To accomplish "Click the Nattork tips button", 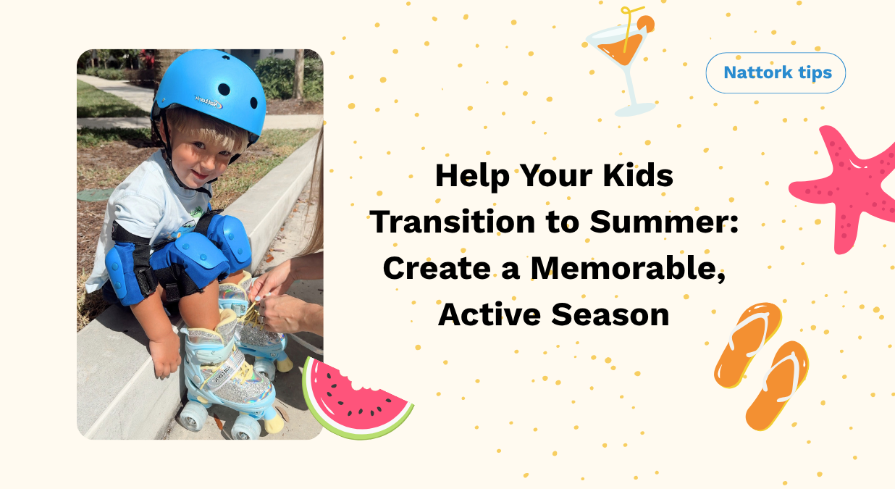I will coord(776,72).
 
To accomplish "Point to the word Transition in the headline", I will coord(458,222).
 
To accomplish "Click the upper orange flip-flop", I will coord(746,343).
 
